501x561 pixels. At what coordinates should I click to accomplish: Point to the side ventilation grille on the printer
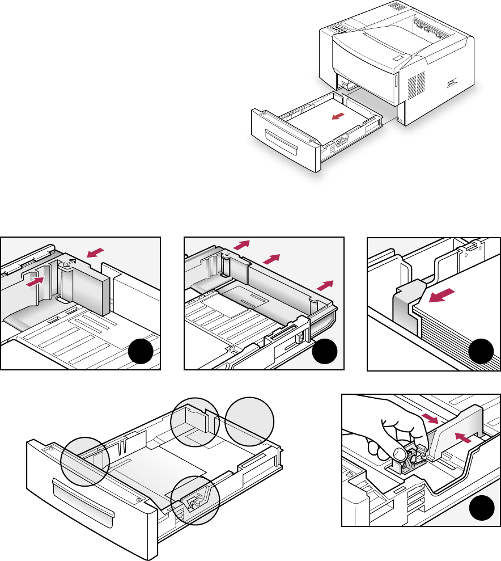(x=415, y=86)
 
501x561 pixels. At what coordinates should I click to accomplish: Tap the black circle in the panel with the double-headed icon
(x=140, y=353)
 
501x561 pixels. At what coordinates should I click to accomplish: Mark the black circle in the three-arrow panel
(x=325, y=353)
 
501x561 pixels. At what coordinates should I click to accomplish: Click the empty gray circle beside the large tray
(x=249, y=421)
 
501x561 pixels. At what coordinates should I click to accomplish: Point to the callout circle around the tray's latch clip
(x=196, y=500)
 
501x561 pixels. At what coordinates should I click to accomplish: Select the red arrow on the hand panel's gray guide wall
(x=462, y=438)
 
